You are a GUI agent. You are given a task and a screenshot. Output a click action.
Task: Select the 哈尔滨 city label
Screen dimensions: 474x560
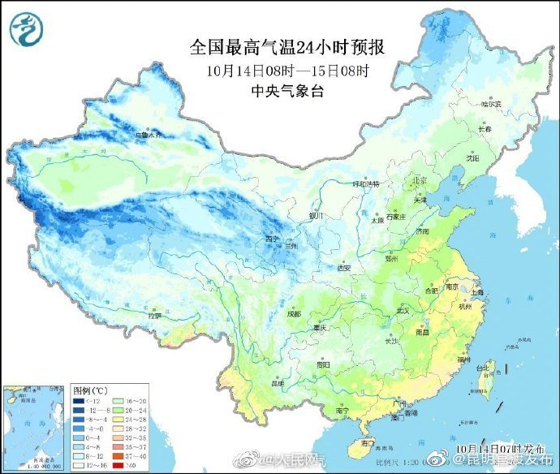pos(492,104)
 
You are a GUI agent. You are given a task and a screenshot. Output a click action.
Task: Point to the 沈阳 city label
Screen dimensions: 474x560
pos(472,158)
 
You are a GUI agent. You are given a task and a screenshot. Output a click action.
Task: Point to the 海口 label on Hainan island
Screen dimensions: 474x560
pos(367,442)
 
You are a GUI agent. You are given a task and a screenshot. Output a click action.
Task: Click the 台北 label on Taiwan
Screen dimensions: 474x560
pos(484,368)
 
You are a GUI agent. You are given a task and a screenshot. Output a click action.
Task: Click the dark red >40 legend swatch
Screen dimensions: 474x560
pos(117,464)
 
